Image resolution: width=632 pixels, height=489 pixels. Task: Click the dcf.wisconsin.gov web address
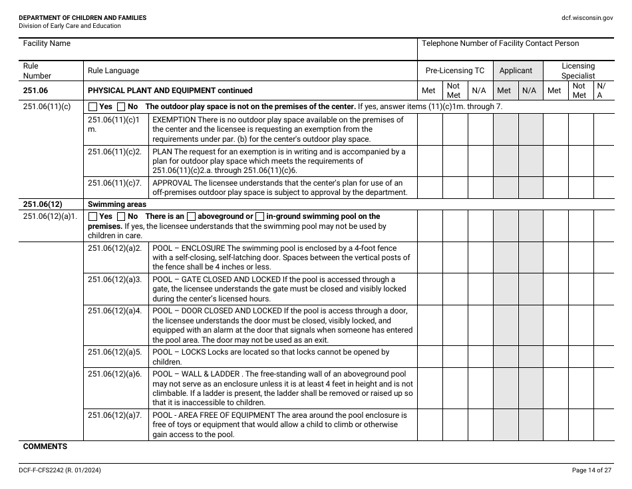[x=587, y=18]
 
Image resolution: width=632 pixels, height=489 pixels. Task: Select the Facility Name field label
[x=47, y=43]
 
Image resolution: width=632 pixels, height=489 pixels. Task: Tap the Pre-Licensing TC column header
[x=455, y=71]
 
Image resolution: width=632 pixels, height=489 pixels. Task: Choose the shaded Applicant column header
[x=516, y=71]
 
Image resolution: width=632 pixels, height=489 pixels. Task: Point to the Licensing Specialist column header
[x=577, y=71]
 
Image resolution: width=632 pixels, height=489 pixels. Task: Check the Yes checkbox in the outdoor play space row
[x=93, y=106]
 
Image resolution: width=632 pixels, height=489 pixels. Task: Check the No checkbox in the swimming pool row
[x=121, y=216]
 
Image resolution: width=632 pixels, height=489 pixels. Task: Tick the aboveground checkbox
[x=191, y=216]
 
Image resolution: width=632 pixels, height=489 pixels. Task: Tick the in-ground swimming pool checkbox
[x=260, y=216]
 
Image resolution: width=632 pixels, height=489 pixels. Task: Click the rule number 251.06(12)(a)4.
[x=115, y=311]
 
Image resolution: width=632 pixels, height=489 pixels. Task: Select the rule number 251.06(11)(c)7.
[x=115, y=183]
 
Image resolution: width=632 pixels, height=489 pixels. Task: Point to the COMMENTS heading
[x=45, y=446]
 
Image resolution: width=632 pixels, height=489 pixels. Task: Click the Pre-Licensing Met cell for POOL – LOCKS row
[x=429, y=356]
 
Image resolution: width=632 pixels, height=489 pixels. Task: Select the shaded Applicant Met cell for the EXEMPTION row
[x=505, y=129]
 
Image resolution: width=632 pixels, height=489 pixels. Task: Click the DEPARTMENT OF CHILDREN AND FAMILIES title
[x=82, y=18]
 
